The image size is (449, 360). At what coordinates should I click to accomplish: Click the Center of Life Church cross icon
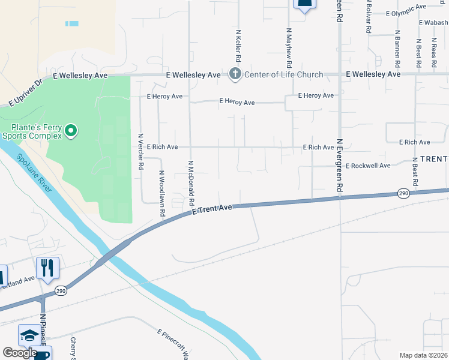click(x=235, y=74)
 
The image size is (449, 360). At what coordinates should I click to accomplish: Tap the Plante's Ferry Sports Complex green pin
click(x=71, y=130)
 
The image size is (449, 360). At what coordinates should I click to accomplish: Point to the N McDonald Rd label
click(x=191, y=183)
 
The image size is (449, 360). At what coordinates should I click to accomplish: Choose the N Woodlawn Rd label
click(x=161, y=193)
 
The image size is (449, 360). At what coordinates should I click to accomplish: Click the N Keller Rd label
click(x=238, y=46)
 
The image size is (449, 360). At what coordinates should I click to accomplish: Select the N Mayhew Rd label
click(x=289, y=47)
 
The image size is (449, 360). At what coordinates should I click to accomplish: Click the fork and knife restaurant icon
click(x=47, y=267)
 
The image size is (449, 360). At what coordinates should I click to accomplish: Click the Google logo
click(x=20, y=353)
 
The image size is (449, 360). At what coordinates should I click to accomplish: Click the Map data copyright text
click(x=424, y=355)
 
